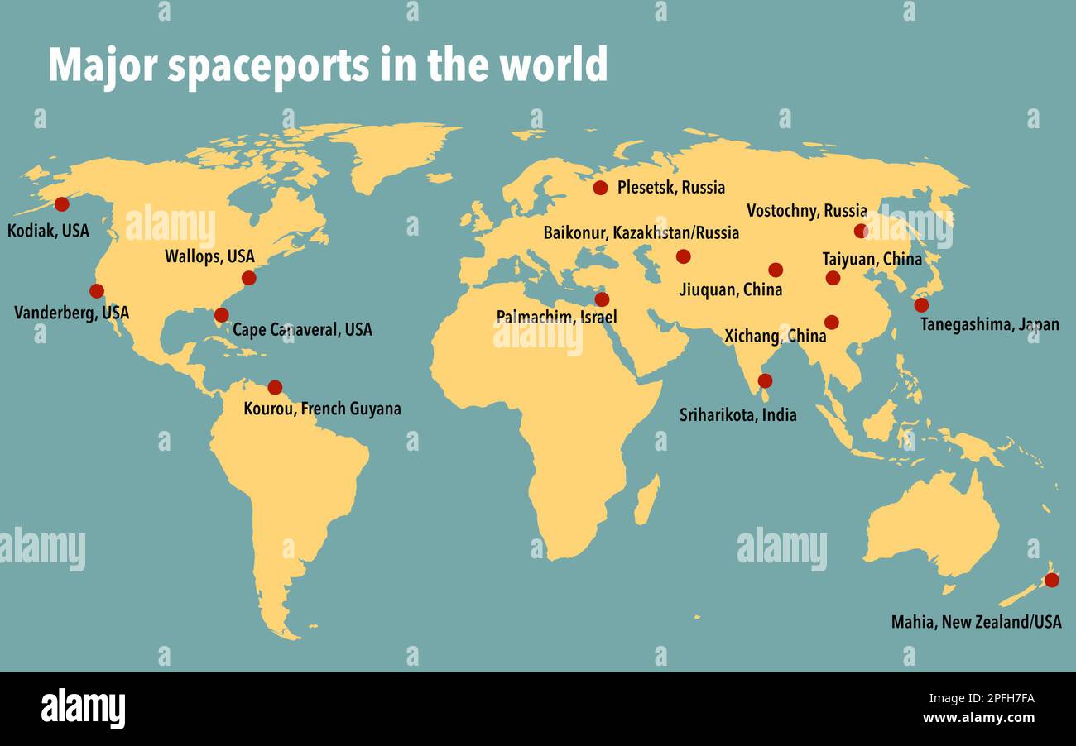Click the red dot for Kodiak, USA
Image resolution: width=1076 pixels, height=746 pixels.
pos(61,204)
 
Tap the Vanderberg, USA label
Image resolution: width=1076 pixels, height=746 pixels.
pos(72,313)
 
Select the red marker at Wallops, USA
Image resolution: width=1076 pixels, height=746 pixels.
pos(248,278)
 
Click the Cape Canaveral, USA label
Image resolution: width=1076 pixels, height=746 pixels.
pos(302,329)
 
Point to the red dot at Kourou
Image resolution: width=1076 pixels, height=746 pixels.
pos(275,387)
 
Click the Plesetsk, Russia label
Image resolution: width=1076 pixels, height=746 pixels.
pos(670,188)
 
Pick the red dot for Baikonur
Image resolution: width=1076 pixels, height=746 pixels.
pos(683,256)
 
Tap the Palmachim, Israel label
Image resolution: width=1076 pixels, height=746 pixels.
pos(556,317)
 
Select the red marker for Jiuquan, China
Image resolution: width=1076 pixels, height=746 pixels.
pos(775,270)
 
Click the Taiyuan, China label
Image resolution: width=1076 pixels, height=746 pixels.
pos(872,259)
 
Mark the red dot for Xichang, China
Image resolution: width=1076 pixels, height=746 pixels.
pos(831,322)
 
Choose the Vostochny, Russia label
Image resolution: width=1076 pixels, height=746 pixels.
pos(806,211)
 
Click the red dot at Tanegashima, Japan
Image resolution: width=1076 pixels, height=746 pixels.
pos(921,305)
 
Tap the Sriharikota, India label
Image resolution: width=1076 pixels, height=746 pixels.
pos(737,414)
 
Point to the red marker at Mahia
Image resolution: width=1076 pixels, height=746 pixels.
pos(1051,580)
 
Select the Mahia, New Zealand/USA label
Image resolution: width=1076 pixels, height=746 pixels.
pos(976,622)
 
